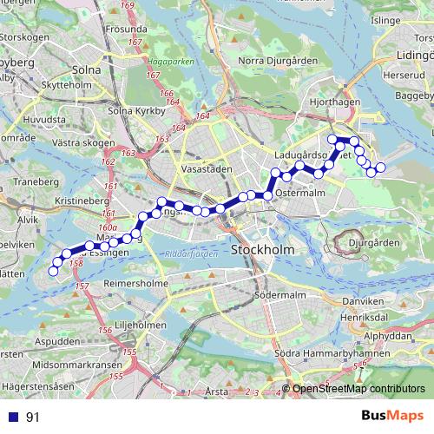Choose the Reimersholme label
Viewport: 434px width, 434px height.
(135, 284)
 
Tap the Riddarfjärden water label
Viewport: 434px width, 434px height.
(187, 257)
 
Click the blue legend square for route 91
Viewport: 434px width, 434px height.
(10, 418)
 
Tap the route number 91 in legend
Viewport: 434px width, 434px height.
(33, 418)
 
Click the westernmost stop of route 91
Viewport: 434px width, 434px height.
(53, 271)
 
